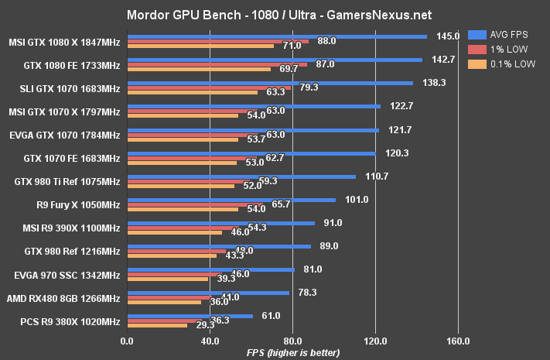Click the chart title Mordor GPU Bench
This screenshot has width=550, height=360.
[275, 14]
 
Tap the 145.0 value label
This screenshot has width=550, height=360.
[448, 36]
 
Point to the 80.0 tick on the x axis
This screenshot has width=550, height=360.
[292, 340]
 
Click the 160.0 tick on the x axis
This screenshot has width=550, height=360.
[458, 340]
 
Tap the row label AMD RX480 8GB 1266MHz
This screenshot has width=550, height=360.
[63, 299]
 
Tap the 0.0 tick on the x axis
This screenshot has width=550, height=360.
[127, 340]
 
